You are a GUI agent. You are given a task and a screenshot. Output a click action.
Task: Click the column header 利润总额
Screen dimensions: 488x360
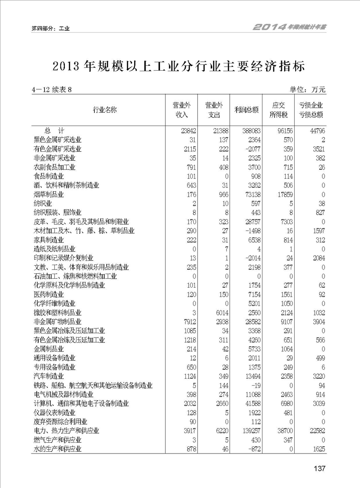point(247,110)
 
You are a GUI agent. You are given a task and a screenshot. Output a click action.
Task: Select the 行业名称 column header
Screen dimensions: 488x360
point(105,110)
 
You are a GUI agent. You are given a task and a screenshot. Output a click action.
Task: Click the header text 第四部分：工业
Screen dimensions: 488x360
point(50,28)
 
